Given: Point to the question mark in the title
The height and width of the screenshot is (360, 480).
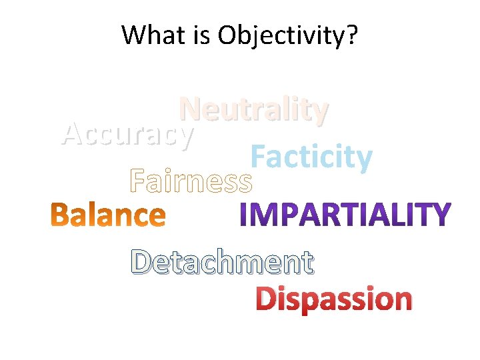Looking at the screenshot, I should pos(351,35).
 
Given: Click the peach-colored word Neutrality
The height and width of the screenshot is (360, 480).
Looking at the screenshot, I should pos(254,110).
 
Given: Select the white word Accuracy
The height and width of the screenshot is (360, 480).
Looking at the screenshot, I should pos(127,135).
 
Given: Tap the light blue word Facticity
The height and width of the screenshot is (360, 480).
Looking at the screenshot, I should pos(311,157).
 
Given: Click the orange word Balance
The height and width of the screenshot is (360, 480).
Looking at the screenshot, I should pos(109,215).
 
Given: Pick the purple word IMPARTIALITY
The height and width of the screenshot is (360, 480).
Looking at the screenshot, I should pos(345,215).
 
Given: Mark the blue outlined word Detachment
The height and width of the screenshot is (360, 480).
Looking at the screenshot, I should pos(222,262).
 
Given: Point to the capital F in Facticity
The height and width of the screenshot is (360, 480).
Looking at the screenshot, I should pos(258,157).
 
